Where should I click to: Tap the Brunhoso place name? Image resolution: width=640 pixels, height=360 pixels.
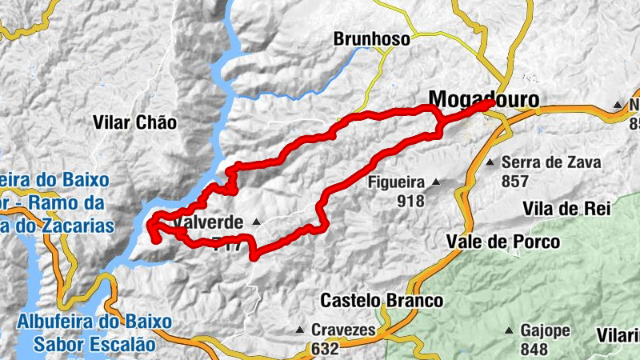click(371, 38)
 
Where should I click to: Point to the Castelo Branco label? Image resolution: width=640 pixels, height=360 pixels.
click(381, 301)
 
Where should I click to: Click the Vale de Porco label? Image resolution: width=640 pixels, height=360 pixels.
click(503, 242)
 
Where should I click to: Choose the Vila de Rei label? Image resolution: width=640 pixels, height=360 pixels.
click(566, 209)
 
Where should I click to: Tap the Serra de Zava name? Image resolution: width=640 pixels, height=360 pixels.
click(550, 162)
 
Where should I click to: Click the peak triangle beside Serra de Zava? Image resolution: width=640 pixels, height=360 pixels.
click(490, 162)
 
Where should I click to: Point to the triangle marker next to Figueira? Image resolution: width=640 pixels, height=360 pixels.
click(436, 182)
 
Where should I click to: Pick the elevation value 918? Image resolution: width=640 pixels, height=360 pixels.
click(410, 201)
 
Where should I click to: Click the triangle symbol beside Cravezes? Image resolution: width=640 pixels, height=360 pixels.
click(299, 330)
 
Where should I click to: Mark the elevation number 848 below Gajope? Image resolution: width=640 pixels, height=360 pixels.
click(534, 349)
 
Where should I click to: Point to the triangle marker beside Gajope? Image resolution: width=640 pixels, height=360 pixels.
click(508, 330)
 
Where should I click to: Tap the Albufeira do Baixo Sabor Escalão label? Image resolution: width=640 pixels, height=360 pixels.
click(94, 333)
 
